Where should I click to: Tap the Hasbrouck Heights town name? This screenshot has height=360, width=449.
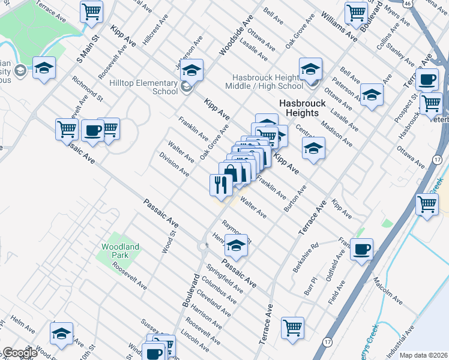pos(302,108)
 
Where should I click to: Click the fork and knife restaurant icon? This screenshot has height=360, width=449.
pos(220,184)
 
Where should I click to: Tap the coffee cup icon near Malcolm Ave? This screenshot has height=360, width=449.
pos(361,248)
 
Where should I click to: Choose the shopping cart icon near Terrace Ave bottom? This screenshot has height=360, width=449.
pos(292,327)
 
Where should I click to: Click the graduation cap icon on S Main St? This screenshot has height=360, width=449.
pos(44,67)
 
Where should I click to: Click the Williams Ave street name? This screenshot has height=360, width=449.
pos(339,26)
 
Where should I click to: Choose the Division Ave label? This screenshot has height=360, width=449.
pos(174,164)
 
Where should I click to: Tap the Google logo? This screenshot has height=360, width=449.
pos(19,353)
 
